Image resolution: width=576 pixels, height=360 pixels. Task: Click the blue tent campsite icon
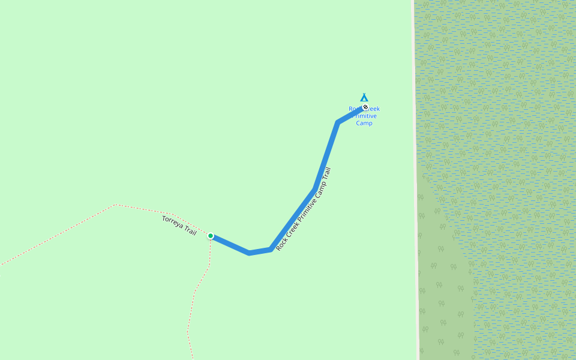click(364, 97)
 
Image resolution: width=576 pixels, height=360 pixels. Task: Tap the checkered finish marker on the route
click(364, 107)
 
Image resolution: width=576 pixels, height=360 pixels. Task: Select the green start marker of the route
click(211, 236)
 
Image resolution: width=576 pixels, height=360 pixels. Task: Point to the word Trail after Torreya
click(190, 230)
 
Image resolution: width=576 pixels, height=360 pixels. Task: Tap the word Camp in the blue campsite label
click(364, 123)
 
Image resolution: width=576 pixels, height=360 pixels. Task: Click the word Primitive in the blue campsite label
click(365, 116)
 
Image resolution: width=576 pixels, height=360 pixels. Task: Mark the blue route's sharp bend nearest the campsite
click(338, 122)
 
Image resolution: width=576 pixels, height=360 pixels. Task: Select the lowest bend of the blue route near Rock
click(250, 253)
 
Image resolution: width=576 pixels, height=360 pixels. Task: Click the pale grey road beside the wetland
click(415, 180)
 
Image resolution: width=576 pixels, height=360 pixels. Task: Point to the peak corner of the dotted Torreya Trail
click(116, 205)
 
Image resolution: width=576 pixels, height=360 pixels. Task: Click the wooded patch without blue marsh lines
click(441, 288)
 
